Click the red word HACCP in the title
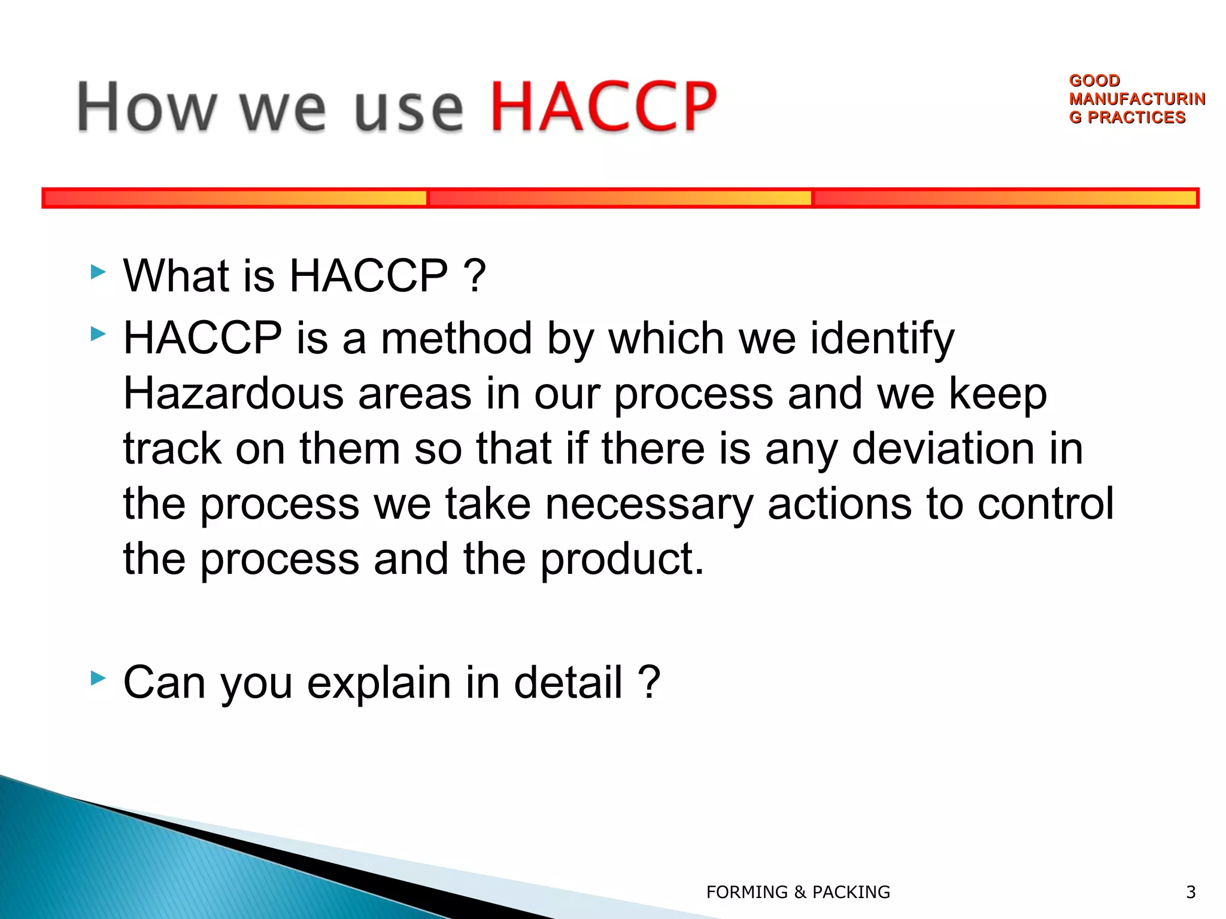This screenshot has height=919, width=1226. click(x=603, y=106)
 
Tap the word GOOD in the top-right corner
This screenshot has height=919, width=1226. click(x=1094, y=80)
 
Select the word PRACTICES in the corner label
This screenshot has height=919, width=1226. click(x=1136, y=117)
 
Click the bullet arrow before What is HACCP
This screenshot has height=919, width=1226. click(x=98, y=273)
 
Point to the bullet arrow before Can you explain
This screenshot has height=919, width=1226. click(x=98, y=678)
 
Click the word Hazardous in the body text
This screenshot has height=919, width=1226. click(x=233, y=394)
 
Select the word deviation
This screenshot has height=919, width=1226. click(x=943, y=449)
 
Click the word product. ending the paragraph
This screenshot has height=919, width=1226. click(x=623, y=559)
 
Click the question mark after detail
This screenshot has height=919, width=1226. click(x=649, y=682)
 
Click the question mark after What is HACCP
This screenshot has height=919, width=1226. click(x=474, y=275)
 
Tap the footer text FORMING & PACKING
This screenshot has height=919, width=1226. click(x=798, y=892)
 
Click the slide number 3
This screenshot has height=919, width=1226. click(x=1191, y=892)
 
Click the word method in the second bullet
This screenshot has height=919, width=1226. click(x=456, y=339)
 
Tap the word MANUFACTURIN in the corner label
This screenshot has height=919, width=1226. click(x=1137, y=99)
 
